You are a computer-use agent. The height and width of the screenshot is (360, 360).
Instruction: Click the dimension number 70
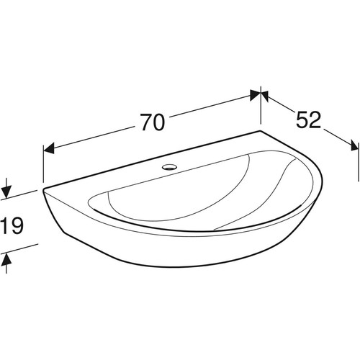pyautogui.click(x=153, y=122)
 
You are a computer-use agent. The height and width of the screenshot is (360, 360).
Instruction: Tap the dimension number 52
pyautogui.click(x=308, y=120)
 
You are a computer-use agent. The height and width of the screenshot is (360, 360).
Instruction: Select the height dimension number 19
pyautogui.click(x=13, y=225)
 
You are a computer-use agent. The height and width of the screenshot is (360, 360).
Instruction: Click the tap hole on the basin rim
pyautogui.click(x=168, y=166)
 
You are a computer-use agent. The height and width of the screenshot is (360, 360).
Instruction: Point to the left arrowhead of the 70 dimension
pyautogui.click(x=48, y=149)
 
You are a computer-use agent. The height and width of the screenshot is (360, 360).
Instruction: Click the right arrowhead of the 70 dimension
pyautogui.click(x=255, y=95)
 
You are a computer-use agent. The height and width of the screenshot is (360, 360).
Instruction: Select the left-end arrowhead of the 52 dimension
pyautogui.click(x=265, y=95)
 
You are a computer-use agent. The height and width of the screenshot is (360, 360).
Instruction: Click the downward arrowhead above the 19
pyautogui.click(x=6, y=192)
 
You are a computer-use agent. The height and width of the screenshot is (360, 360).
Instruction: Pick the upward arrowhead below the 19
pyautogui.click(x=6, y=259)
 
